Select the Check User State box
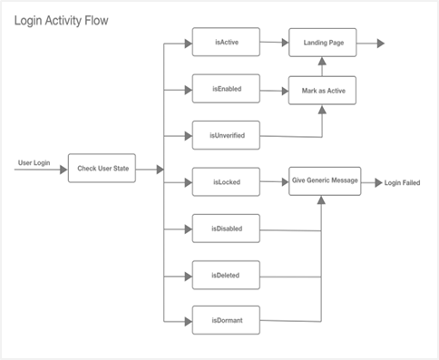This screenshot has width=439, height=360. pos(102,169)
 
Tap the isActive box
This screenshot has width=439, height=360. pos(225,42)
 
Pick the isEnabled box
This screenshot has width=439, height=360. pos(225,89)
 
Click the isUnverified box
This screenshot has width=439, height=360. pos(225,136)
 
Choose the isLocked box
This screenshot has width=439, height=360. pos(225,182)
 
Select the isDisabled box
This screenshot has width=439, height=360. pos(225,228)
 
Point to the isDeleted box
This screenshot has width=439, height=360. pos(225,274)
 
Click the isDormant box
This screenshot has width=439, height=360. pos(225,320)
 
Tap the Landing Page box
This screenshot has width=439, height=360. pos(323,43)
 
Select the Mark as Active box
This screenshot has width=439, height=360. pos(323,90)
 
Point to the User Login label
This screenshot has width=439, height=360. pos(34,163)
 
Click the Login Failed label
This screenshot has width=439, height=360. pos(402,182)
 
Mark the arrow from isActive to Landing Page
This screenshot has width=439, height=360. pos(274,42)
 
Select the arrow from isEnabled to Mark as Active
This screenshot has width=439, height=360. pos(274,89)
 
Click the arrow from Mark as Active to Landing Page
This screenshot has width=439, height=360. pos(323,65)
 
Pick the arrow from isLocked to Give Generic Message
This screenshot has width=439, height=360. pos(274,182)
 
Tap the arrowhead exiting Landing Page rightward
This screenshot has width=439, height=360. pos(378,43)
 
